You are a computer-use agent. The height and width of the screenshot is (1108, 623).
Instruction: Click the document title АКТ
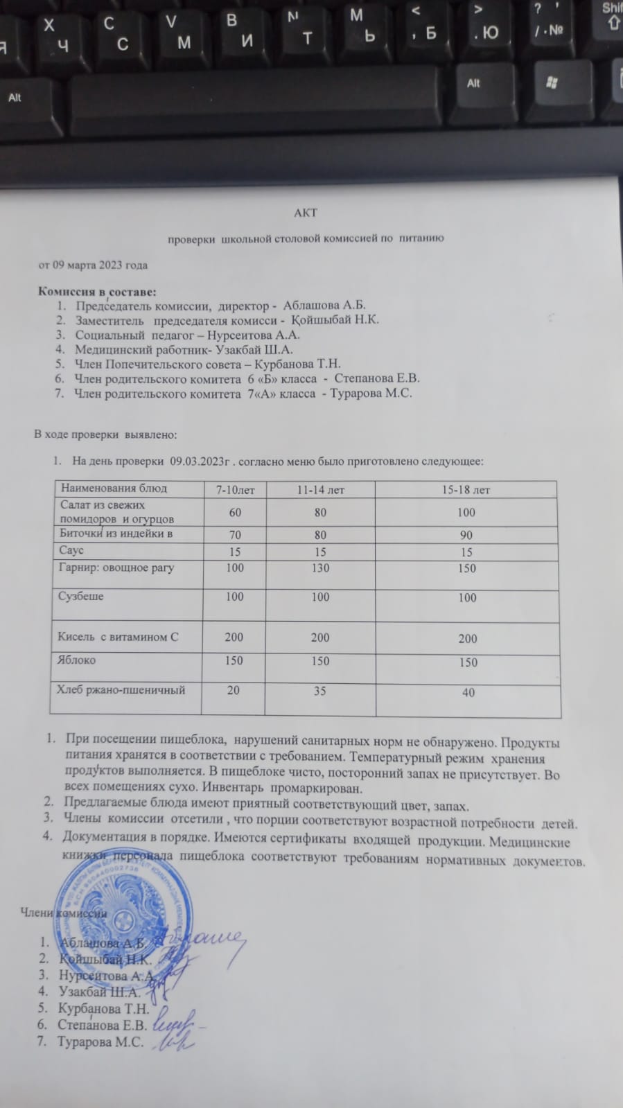coord(306,213)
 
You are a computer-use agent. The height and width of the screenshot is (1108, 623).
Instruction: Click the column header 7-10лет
coord(235,490)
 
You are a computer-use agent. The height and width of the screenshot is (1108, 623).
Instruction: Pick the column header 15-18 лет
coord(466,490)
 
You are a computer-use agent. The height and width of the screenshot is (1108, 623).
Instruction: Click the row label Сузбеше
coord(81,596)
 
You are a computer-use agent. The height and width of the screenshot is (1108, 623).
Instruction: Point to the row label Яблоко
coord(77,660)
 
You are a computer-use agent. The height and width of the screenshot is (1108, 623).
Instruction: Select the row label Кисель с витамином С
coord(118,637)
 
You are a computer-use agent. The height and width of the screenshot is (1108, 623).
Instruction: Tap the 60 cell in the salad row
coord(235,513)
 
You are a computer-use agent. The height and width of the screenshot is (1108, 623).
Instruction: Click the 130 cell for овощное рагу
coord(320,568)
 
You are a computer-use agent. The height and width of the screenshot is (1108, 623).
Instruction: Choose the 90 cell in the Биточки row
coord(466,536)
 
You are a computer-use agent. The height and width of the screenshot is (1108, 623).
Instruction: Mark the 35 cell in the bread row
coord(319,691)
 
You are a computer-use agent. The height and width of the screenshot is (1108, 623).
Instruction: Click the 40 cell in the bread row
coord(468,692)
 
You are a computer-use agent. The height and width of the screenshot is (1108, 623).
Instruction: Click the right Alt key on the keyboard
coord(473,84)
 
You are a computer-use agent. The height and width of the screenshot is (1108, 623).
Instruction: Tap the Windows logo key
coord(552,83)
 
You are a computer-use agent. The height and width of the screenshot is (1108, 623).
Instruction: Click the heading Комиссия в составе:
coord(97,291)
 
